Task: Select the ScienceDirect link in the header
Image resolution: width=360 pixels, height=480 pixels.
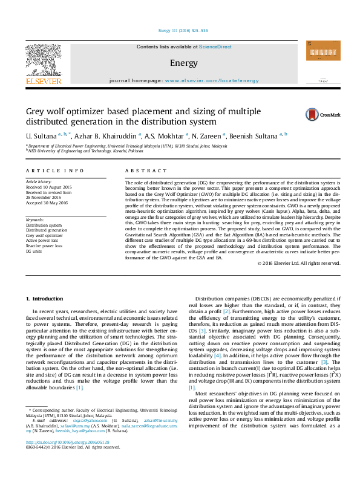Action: coord(215,47)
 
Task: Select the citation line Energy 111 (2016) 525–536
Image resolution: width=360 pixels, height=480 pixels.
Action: coord(183,30)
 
